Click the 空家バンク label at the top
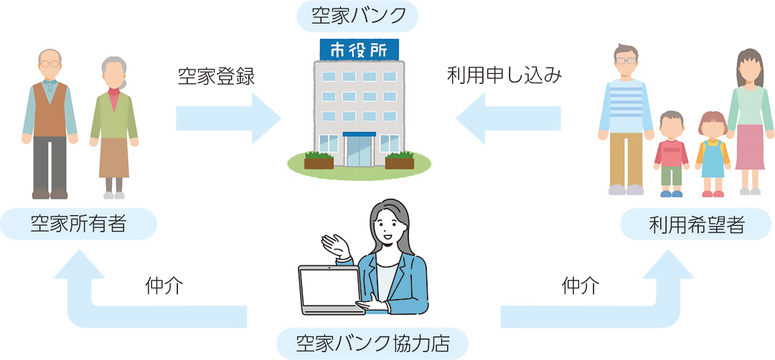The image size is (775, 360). [x=357, y=16]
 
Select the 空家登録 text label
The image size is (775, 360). [x=216, y=77]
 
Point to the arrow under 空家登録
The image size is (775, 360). [x=228, y=118]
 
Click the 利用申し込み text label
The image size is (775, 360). [x=504, y=77]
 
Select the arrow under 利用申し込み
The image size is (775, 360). [x=508, y=118]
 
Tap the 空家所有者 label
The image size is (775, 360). [x=78, y=224]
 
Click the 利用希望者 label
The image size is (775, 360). [x=696, y=224]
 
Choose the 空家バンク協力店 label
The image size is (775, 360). [x=372, y=343]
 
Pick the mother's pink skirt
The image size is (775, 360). [x=750, y=147]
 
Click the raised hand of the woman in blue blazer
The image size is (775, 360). [x=335, y=245]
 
